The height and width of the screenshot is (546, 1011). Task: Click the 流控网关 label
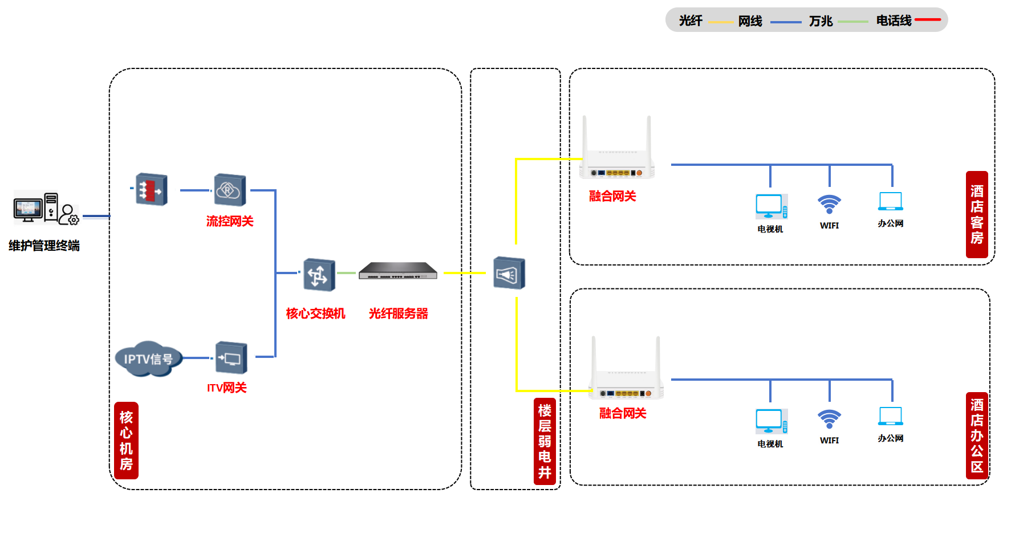(x=230, y=221)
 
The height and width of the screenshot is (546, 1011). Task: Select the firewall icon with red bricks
(x=151, y=189)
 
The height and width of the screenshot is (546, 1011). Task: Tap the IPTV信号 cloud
(x=148, y=358)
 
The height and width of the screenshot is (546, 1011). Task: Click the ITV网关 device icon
(x=231, y=357)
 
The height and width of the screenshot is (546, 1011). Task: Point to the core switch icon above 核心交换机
(x=319, y=275)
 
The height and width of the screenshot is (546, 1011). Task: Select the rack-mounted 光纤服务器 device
(x=398, y=271)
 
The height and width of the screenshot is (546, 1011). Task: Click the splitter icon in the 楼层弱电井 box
(x=509, y=273)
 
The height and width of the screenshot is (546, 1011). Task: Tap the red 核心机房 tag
(x=126, y=441)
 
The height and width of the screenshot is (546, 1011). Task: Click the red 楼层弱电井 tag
(x=545, y=442)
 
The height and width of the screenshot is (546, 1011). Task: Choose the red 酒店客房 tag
(x=977, y=214)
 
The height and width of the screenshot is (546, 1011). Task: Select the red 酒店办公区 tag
(x=977, y=436)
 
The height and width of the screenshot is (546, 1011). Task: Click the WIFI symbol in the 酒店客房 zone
(x=829, y=204)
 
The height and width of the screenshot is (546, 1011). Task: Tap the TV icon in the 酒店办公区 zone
(x=772, y=421)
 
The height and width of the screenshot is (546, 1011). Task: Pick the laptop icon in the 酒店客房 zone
(x=891, y=201)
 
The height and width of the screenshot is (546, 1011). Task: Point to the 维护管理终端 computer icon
(x=46, y=208)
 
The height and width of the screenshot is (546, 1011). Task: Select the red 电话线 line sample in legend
(x=927, y=20)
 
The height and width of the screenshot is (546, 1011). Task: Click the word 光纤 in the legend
(x=691, y=21)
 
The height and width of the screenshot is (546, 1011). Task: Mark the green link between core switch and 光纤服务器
(x=346, y=273)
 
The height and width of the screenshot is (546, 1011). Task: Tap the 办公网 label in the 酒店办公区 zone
(x=891, y=438)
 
